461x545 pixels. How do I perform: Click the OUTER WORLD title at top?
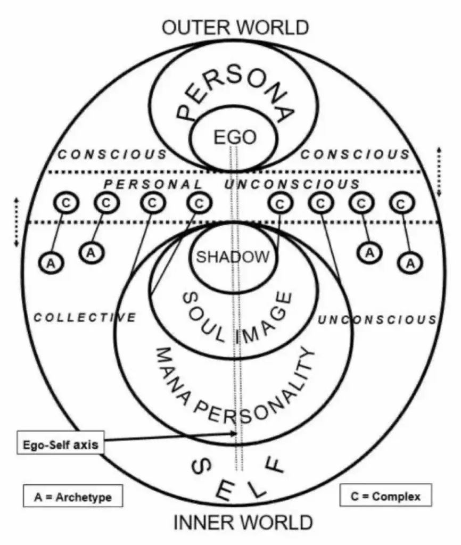[235, 28]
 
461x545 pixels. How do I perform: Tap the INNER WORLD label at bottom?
[243, 523]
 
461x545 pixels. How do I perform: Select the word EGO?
[235, 137]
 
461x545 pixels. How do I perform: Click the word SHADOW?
[233, 257]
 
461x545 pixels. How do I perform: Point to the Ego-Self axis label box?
[61, 443]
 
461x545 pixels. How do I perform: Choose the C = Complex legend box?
[385, 495]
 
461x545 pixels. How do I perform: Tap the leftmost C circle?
[66, 203]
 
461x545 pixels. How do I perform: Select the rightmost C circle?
[401, 203]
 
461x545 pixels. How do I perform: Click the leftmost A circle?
[51, 263]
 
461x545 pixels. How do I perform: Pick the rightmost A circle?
[410, 263]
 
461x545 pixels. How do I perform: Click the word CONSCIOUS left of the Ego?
[112, 154]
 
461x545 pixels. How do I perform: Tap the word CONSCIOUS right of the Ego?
[355, 154]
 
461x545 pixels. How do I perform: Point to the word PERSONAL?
[153, 184]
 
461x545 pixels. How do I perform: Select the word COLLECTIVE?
[85, 317]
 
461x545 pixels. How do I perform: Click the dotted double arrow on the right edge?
[440, 172]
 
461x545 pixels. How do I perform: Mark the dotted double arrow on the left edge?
[16, 222]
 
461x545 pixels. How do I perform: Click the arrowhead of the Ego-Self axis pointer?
[234, 433]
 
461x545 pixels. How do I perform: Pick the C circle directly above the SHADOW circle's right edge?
[280, 204]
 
